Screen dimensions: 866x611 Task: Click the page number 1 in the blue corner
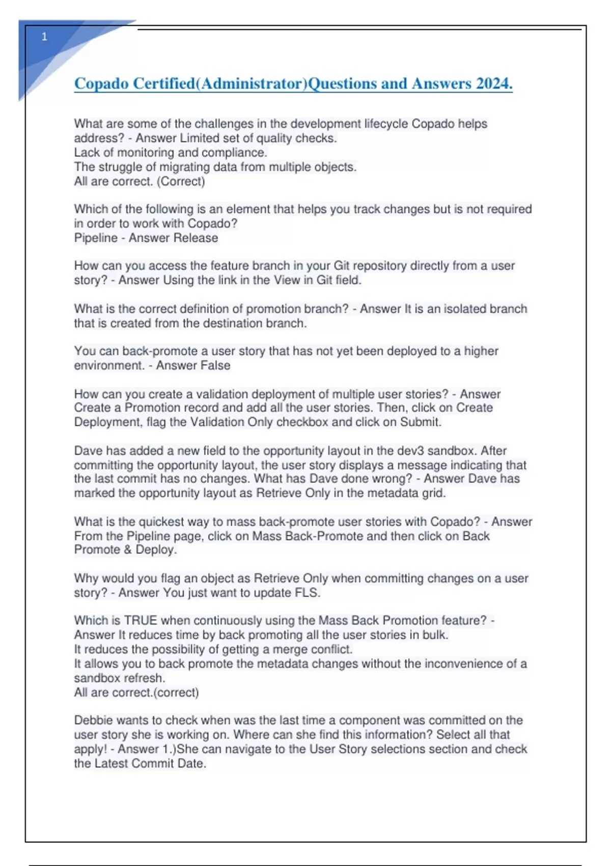44,37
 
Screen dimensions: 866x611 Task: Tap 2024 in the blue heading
494,84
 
